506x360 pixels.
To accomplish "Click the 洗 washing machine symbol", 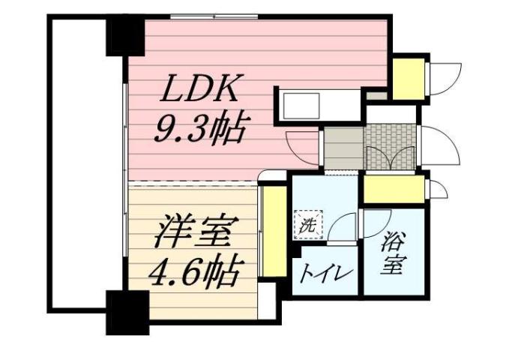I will (x=307, y=223).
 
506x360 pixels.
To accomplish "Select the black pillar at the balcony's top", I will (x=124, y=34).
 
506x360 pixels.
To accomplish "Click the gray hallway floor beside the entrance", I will (x=343, y=148).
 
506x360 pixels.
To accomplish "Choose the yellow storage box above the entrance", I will (x=409, y=76).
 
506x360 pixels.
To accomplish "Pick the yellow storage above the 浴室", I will (x=393, y=189).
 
